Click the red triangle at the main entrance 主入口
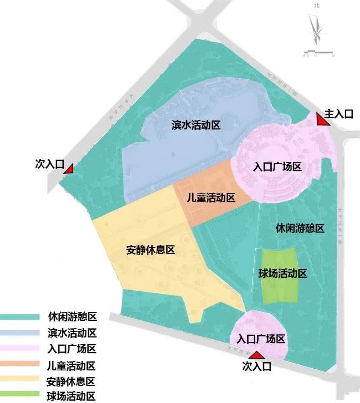click(322, 120)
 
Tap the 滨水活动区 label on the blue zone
click(196, 125)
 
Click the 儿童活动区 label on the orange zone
click(211, 198)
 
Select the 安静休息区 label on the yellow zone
click(150, 250)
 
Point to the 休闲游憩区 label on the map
click(300, 229)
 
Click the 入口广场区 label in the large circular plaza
click(277, 167)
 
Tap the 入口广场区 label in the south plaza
click(261, 339)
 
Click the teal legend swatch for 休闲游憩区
click(20, 316)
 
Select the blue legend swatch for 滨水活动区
click(20, 333)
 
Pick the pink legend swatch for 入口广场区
click(20, 348)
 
